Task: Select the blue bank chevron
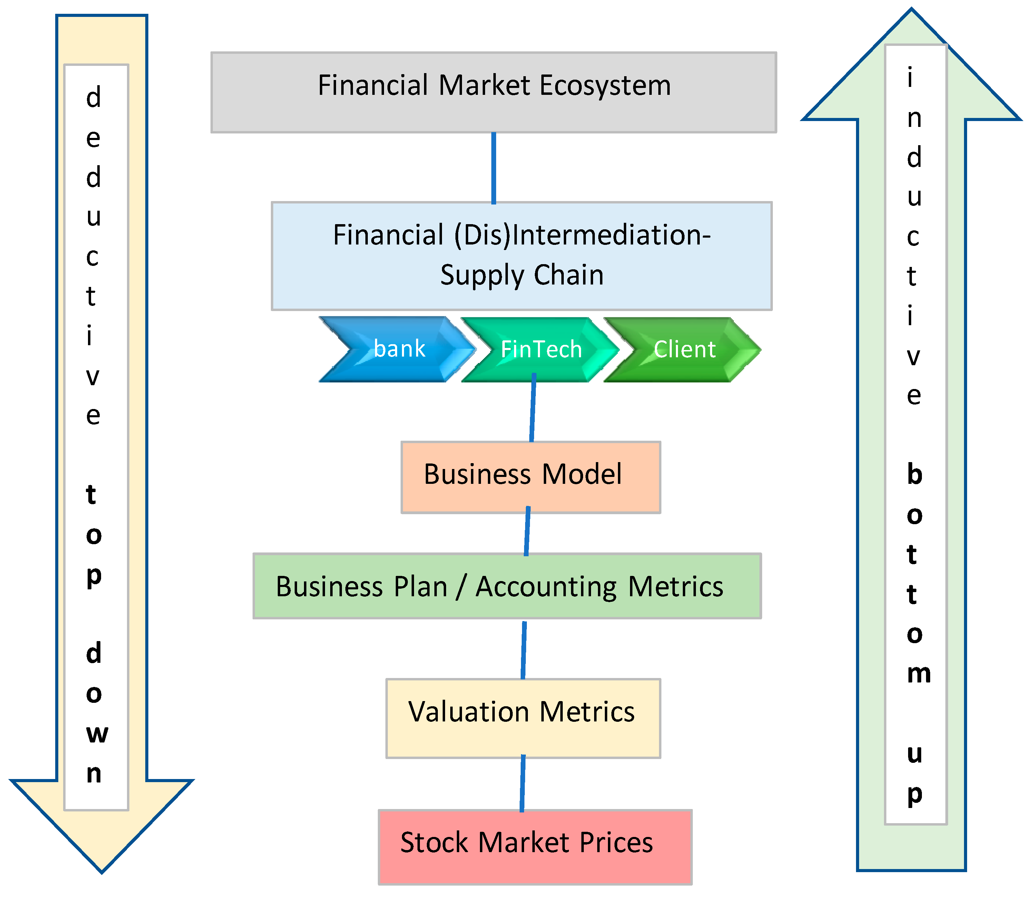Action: [396, 349]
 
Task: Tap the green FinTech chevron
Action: [541, 349]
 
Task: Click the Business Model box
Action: [531, 477]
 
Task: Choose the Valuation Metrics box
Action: [523, 718]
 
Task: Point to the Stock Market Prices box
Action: [535, 847]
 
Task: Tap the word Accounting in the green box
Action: [546, 587]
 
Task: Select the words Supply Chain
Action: [522, 275]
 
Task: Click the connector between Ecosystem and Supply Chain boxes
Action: [494, 168]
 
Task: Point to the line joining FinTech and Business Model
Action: [533, 408]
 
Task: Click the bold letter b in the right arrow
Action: [915, 474]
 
